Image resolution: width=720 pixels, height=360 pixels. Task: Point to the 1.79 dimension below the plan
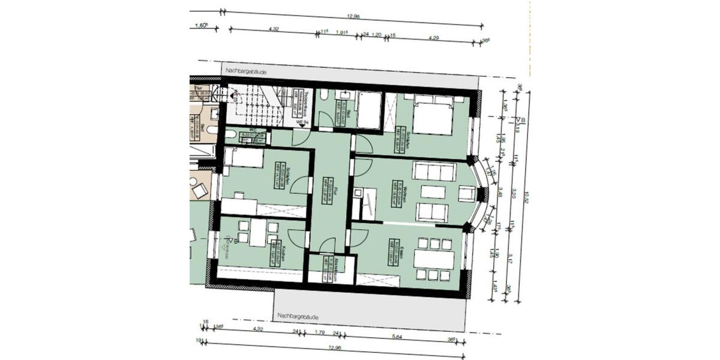click(x=319, y=332)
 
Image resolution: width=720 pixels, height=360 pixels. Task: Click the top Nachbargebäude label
click(x=246, y=71)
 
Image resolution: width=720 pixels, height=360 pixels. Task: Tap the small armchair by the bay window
click(x=466, y=193)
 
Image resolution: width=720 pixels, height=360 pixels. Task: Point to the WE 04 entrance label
click(x=304, y=122)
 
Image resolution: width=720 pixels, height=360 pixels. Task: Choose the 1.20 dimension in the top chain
click(x=377, y=35)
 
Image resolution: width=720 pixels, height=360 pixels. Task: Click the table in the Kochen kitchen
click(x=258, y=233)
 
